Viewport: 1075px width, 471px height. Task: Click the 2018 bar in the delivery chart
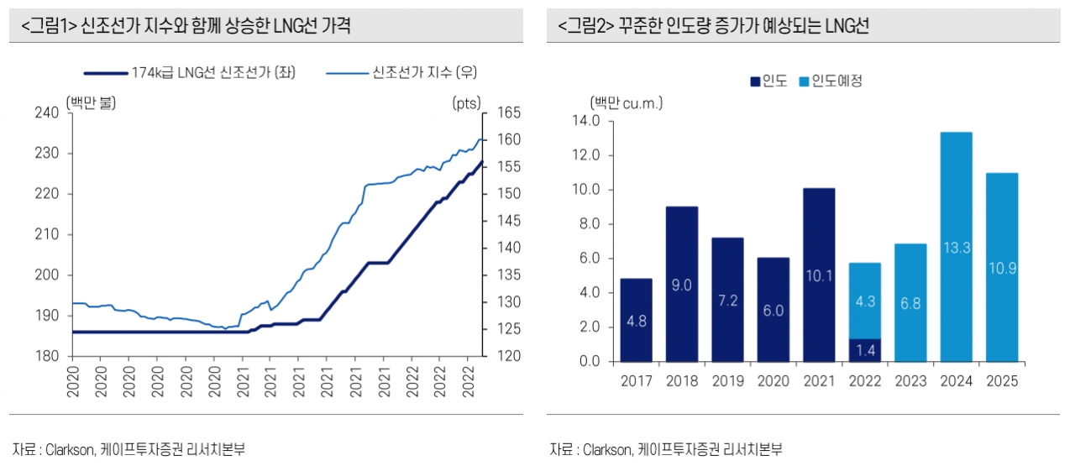pyautogui.click(x=681, y=284)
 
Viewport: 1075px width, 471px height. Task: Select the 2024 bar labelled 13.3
pyautogui.click(x=956, y=247)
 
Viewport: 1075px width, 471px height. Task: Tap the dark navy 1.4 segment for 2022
pyautogui.click(x=864, y=350)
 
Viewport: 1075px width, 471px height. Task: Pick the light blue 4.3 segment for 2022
pyautogui.click(x=864, y=301)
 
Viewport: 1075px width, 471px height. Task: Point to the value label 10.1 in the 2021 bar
pyautogui.click(x=819, y=275)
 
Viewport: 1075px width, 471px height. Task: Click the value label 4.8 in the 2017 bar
pyautogui.click(x=637, y=320)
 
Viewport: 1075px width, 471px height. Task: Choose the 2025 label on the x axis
pyautogui.click(x=1002, y=381)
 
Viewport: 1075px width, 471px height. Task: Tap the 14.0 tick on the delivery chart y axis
pyautogui.click(x=585, y=121)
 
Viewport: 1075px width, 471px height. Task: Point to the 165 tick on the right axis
pyautogui.click(x=511, y=113)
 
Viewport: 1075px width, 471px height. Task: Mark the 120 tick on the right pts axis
pyautogui.click(x=511, y=356)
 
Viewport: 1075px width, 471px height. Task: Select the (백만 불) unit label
pyautogui.click(x=91, y=103)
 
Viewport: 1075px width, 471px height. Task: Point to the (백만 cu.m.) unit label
pyautogui.click(x=627, y=103)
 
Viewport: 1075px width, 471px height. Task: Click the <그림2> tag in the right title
pyautogui.click(x=585, y=27)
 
